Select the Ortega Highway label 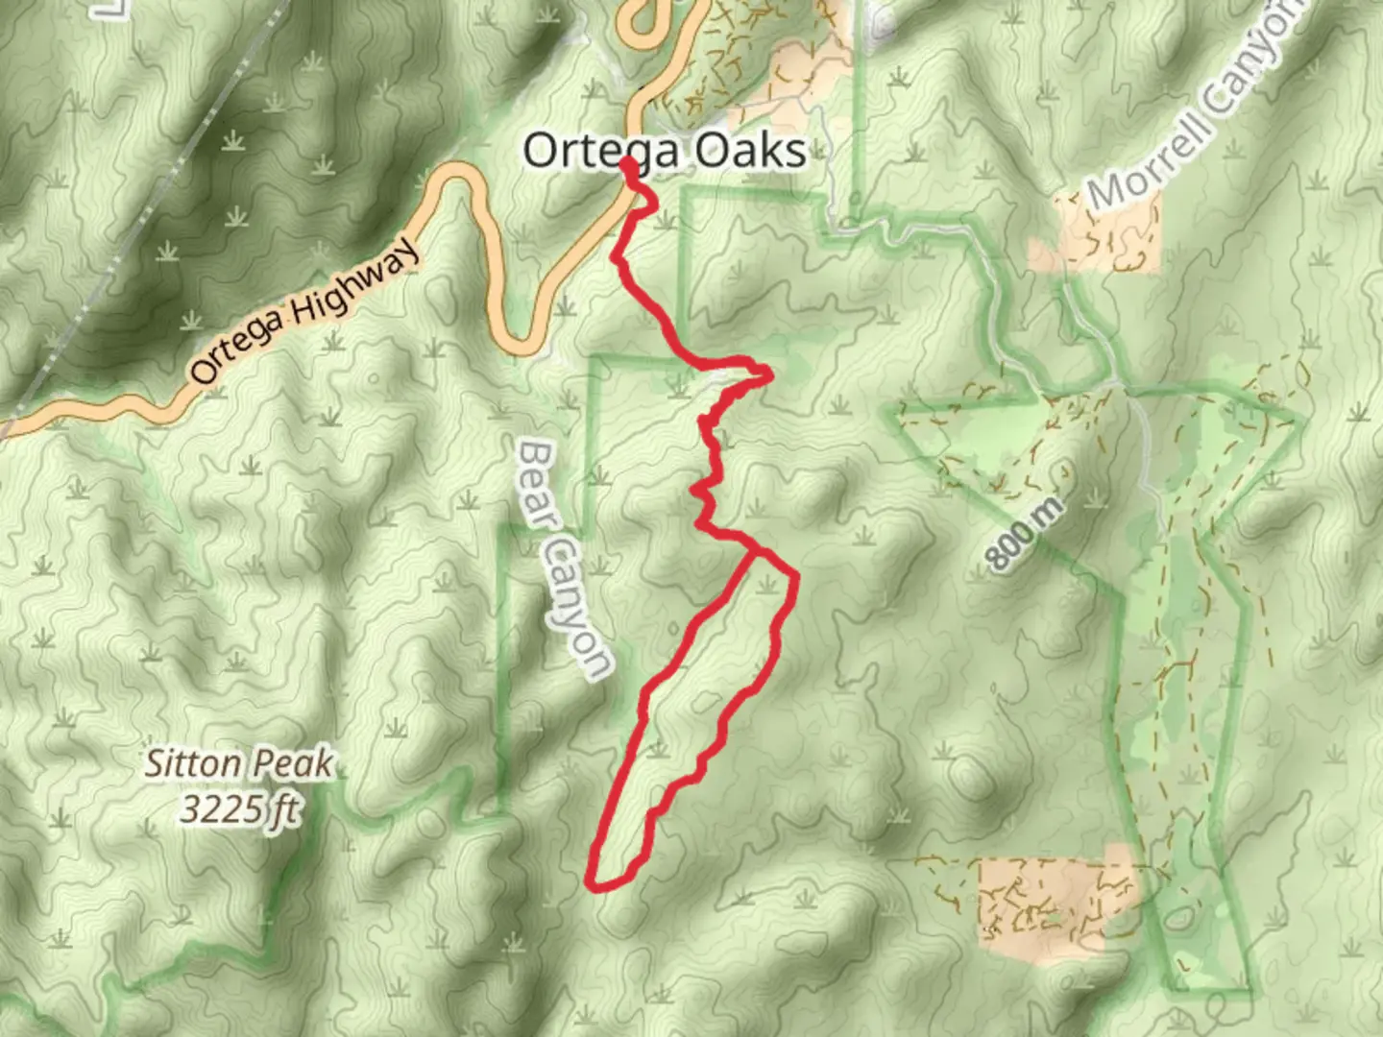click(x=304, y=309)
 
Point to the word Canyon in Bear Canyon click(x=575, y=609)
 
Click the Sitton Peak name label click(x=239, y=765)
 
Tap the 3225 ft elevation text click(x=239, y=811)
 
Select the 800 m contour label click(x=1025, y=536)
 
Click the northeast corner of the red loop click(x=795, y=576)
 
